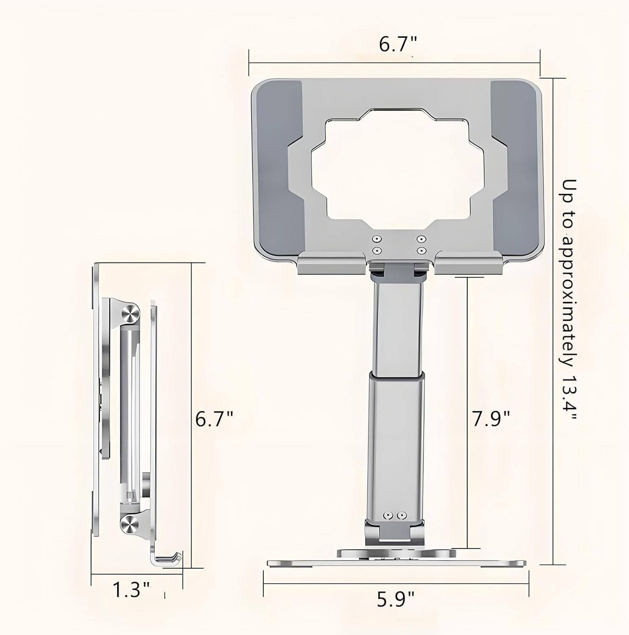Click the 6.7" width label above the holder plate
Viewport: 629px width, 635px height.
click(397, 44)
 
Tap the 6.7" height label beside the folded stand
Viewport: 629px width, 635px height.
click(214, 419)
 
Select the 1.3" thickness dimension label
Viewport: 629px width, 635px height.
click(131, 590)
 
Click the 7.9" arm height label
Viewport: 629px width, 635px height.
click(491, 419)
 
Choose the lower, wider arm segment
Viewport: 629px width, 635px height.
click(396, 444)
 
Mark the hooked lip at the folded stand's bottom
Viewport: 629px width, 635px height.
click(169, 560)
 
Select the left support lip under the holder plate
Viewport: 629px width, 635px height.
click(332, 263)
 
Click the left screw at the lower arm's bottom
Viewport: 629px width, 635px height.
click(387, 516)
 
